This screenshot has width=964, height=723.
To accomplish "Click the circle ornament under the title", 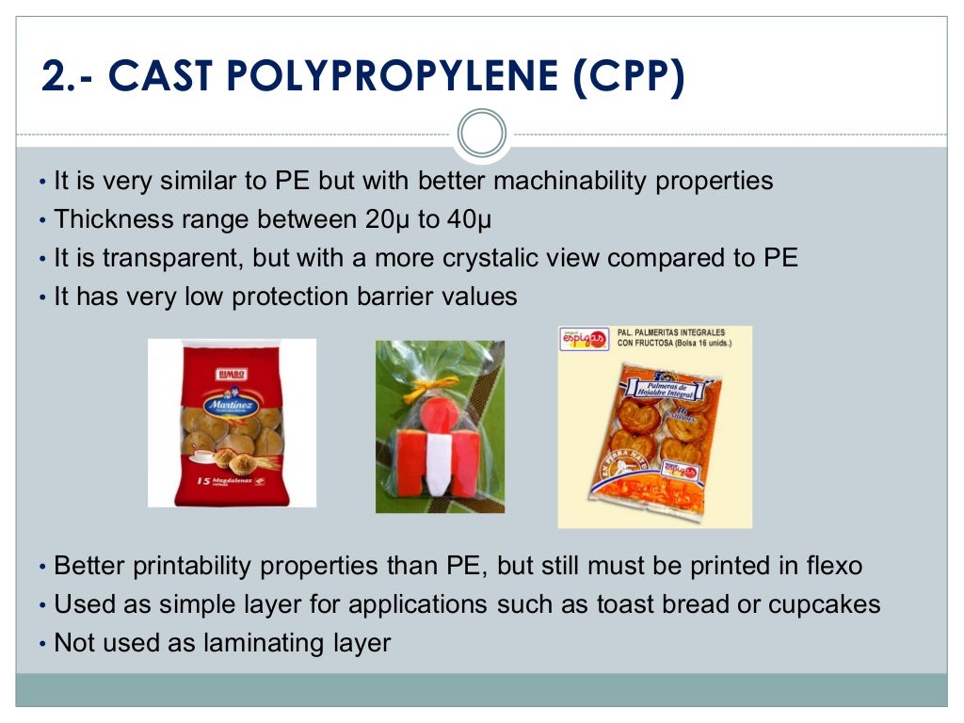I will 481,133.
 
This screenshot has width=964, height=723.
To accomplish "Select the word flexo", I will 831,567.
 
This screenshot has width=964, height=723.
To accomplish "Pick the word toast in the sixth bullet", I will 625,604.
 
